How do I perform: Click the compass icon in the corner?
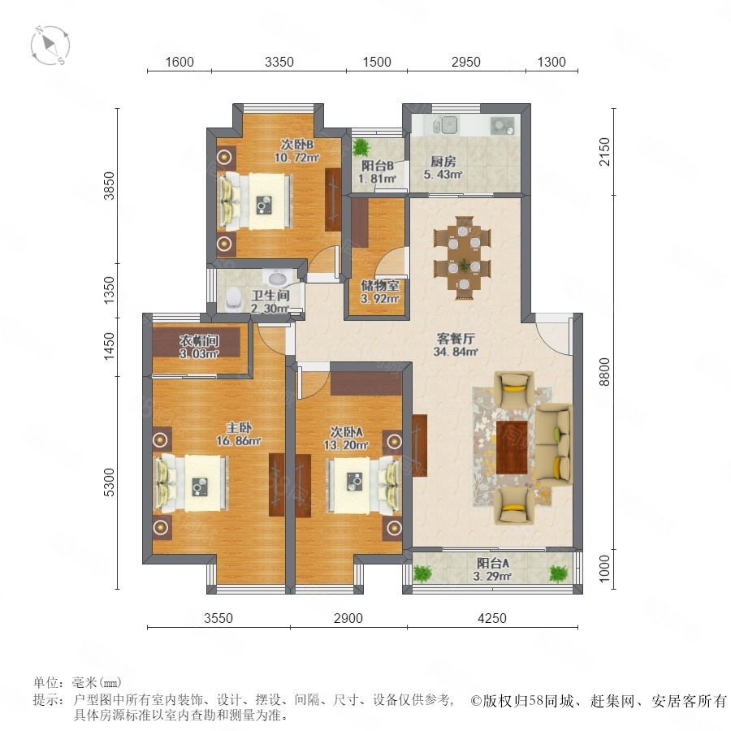tap(50, 45)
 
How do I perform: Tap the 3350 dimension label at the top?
tap(279, 62)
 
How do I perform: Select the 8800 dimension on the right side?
tap(604, 371)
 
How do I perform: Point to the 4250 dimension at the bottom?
tap(492, 618)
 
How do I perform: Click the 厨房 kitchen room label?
tap(443, 162)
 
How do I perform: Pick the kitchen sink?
tap(444, 124)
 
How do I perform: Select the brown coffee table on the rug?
tap(512, 447)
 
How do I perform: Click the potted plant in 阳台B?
tap(361, 148)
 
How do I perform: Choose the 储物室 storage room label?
tap(380, 285)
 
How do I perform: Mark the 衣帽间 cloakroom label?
tap(199, 341)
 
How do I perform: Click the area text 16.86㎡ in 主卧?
tap(239, 440)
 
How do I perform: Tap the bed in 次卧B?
tap(255, 201)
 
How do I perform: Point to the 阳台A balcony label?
tap(492, 563)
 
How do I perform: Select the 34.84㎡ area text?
tap(456, 352)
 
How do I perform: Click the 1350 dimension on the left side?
tap(109, 290)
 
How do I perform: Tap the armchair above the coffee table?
tap(514, 389)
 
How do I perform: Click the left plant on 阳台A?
tap(422, 573)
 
